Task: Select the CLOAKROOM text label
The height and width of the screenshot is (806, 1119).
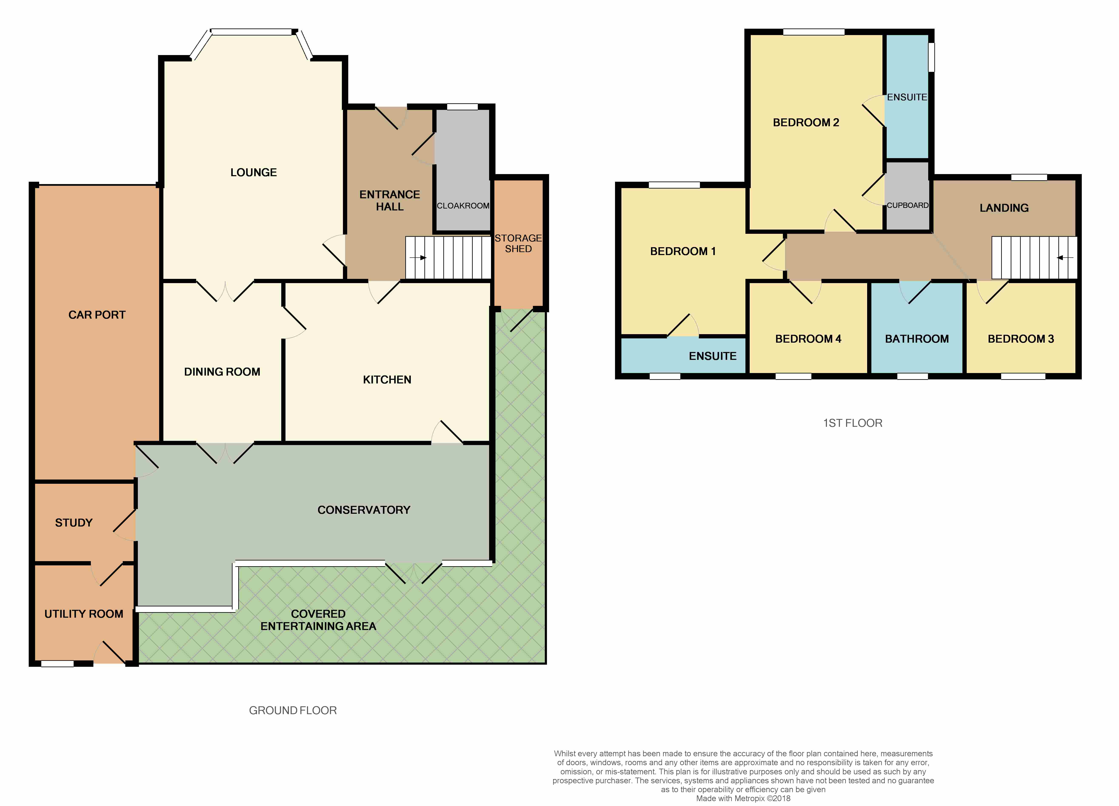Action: click(x=463, y=206)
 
